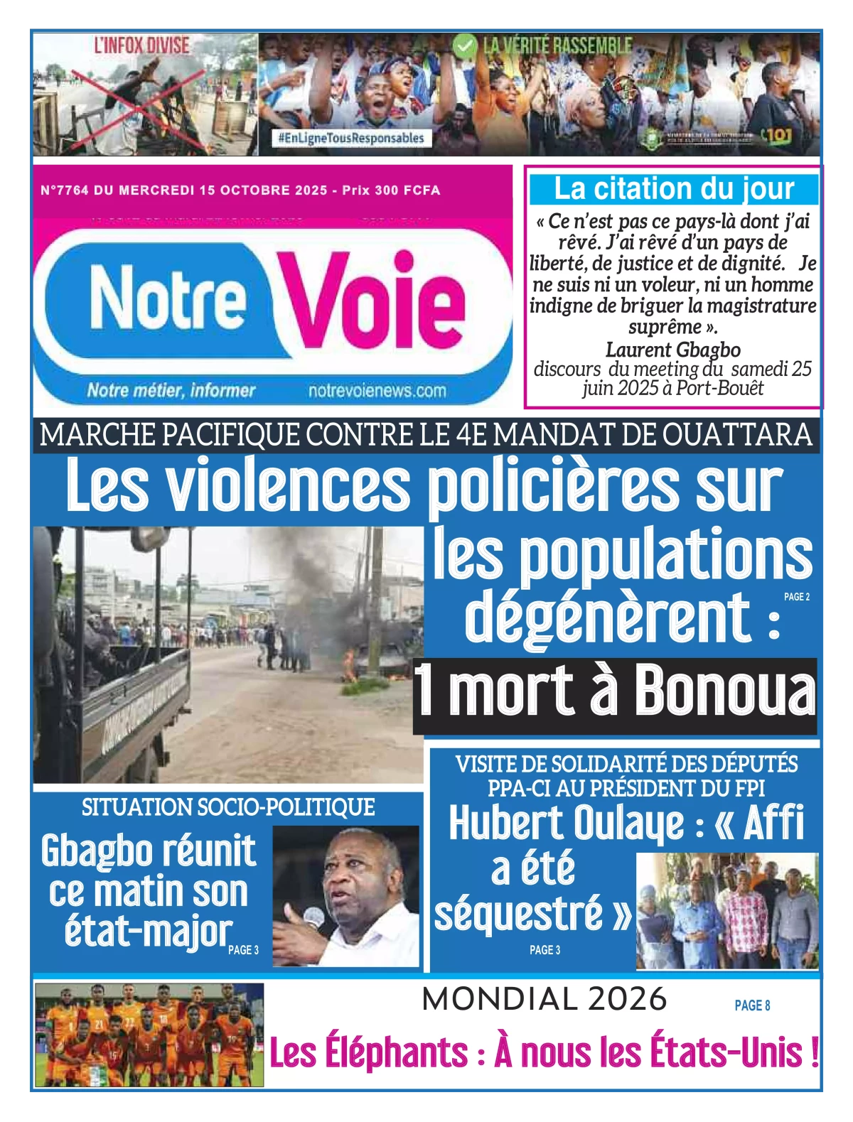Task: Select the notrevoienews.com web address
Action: point(377,391)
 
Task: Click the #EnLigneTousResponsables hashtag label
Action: point(351,138)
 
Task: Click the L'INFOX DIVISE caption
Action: point(142,46)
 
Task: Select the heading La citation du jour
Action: point(673,189)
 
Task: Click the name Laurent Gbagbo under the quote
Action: point(672,350)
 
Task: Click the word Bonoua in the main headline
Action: point(724,692)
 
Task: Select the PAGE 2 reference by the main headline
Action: point(796,597)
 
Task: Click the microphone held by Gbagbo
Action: point(313,917)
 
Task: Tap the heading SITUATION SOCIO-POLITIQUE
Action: point(228,807)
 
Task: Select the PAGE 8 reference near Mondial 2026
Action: point(752,1005)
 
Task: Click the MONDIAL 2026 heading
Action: point(544,999)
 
